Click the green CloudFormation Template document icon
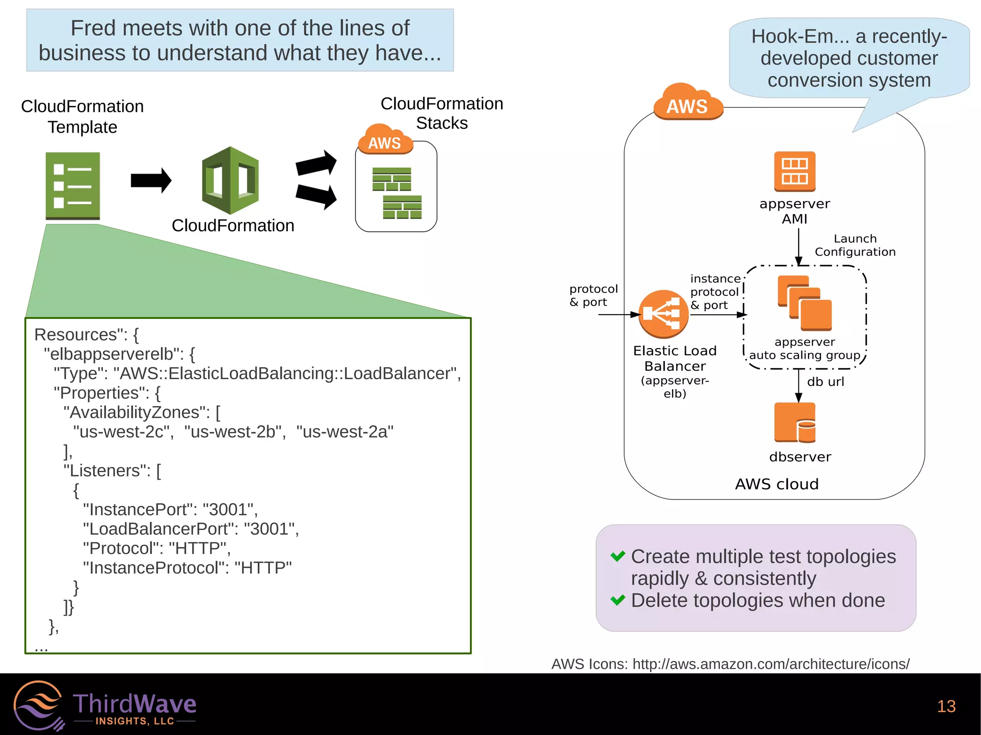coord(72,185)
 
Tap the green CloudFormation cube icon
coord(230,181)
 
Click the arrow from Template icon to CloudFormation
coord(150,181)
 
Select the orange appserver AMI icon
coord(795,171)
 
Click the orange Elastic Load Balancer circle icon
coord(663,314)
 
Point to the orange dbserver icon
coord(795,422)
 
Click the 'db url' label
coord(825,382)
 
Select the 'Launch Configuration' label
coord(855,245)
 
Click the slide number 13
coord(946,706)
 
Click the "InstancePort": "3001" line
coord(170,509)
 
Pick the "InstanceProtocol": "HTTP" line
coord(187,568)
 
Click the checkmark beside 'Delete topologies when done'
coord(617,600)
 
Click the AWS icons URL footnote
coord(730,664)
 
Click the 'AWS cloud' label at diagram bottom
coord(776,484)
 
